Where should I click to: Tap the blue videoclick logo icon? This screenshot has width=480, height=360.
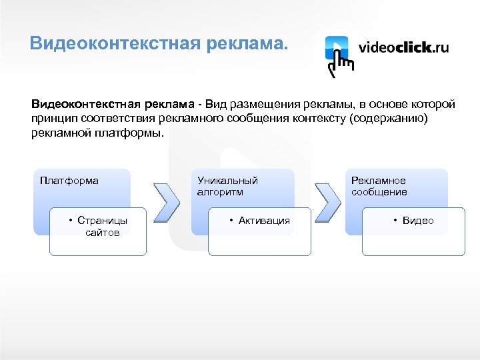(x=338, y=50)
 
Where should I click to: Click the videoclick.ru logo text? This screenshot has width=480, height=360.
(x=404, y=47)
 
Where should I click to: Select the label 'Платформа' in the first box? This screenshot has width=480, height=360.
(x=69, y=181)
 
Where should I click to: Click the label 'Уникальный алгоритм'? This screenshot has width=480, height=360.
(x=227, y=186)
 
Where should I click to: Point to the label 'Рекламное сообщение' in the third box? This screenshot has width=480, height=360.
(x=379, y=186)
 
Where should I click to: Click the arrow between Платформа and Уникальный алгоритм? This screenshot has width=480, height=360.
(x=167, y=201)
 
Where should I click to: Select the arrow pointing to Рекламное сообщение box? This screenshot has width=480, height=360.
(x=327, y=201)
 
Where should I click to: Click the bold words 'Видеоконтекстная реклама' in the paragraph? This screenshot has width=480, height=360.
(x=114, y=105)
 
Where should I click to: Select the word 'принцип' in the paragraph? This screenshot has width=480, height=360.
(x=51, y=119)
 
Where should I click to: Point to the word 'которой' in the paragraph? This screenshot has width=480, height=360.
(x=433, y=105)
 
